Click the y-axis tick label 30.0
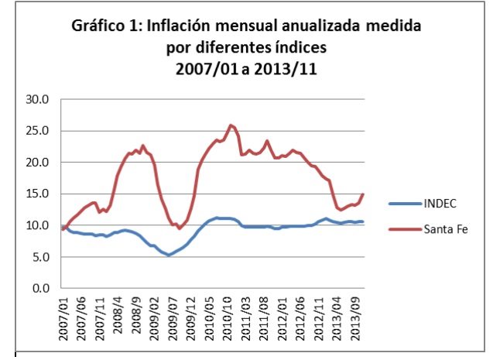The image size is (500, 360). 37,100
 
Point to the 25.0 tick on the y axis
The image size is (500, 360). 37,132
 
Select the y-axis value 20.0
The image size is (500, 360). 37,163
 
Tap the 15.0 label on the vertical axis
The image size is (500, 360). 37,194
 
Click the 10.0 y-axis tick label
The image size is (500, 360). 37,226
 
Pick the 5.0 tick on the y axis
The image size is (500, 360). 40,257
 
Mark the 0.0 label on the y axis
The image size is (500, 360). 40,289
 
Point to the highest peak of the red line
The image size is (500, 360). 231,125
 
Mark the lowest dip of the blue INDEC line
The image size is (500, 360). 168,255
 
